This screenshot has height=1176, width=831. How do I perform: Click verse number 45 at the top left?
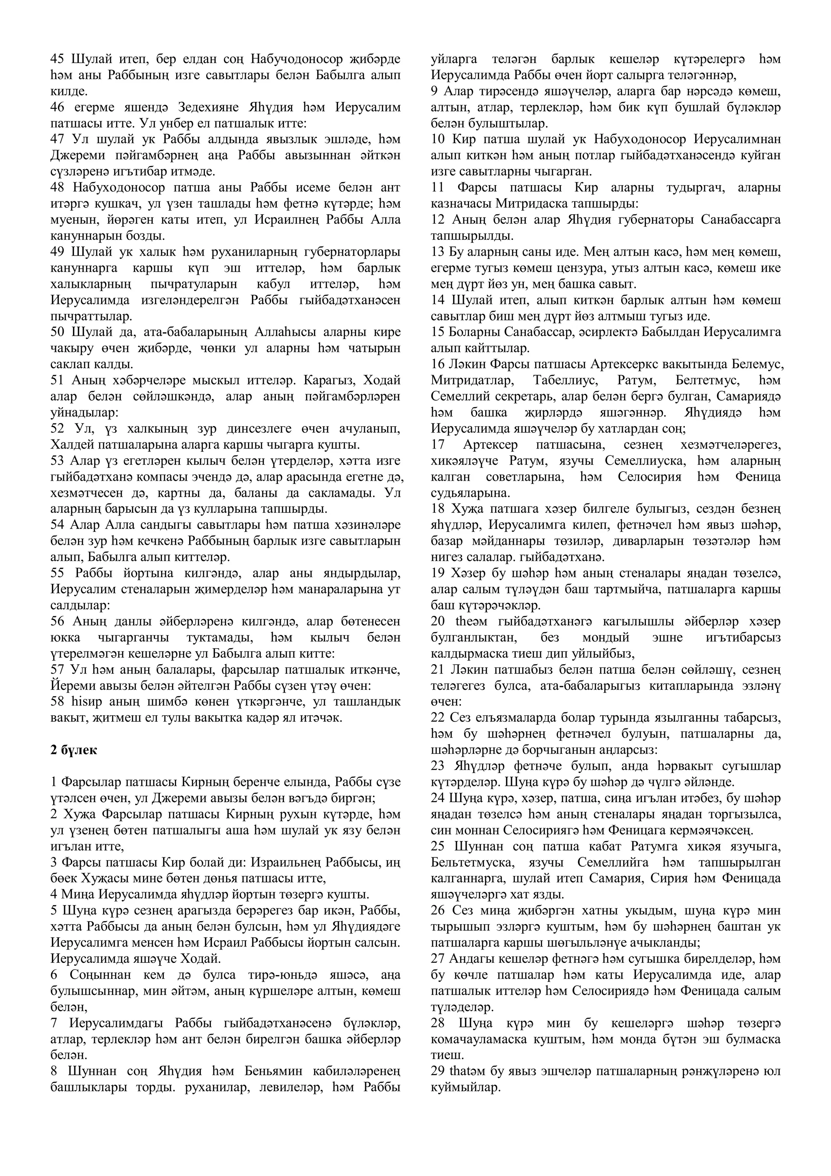[x=57, y=59]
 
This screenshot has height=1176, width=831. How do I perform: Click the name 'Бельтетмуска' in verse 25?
[x=467, y=863]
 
